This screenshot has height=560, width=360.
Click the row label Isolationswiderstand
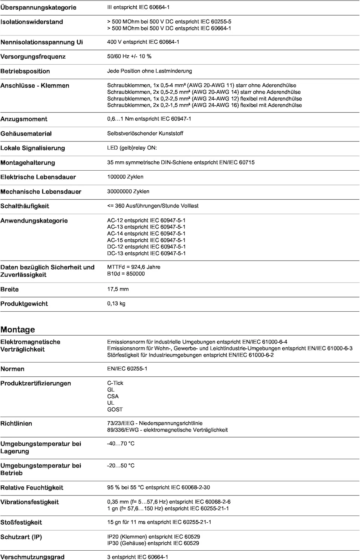click(x=32, y=22)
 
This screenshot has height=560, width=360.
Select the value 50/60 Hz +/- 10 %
click(x=129, y=56)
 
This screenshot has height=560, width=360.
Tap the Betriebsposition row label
click(x=25, y=71)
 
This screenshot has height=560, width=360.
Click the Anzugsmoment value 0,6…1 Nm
click(x=149, y=119)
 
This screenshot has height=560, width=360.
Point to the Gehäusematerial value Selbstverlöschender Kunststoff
click(x=145, y=133)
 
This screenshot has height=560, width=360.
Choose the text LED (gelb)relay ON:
click(x=132, y=148)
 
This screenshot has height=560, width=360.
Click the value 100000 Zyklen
click(x=125, y=177)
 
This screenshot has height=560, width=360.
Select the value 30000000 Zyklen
click(x=128, y=192)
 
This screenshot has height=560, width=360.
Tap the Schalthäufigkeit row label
click(x=25, y=206)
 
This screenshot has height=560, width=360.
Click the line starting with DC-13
click(x=146, y=253)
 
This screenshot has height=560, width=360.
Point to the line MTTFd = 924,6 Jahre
click(x=134, y=267)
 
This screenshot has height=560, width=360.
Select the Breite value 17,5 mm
click(x=118, y=289)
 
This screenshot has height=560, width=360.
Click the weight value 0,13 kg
click(x=116, y=304)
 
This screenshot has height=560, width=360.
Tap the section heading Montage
click(x=18, y=330)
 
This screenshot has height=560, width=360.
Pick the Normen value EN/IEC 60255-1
click(x=127, y=369)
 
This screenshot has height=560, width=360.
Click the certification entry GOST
click(x=115, y=410)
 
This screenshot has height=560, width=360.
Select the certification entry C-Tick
click(x=115, y=383)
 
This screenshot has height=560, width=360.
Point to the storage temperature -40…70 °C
click(x=121, y=444)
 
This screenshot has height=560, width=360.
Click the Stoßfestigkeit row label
click(x=21, y=523)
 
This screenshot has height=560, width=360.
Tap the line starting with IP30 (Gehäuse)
click(x=153, y=544)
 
